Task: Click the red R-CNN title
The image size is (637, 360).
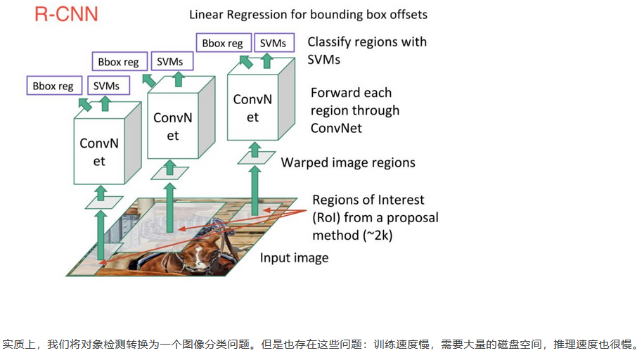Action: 66,14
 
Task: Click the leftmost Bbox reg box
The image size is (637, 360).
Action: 54,86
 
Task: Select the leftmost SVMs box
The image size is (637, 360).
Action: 108,86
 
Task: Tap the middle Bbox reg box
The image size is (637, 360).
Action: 120,62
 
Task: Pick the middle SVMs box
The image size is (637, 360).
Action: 172,61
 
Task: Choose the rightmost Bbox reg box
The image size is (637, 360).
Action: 224,43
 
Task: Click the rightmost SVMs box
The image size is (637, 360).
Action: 274,42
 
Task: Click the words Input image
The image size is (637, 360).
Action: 294,258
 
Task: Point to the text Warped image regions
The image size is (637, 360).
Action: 348,162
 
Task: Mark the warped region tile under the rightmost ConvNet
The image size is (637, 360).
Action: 257,157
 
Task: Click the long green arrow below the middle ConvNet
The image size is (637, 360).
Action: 170,207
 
